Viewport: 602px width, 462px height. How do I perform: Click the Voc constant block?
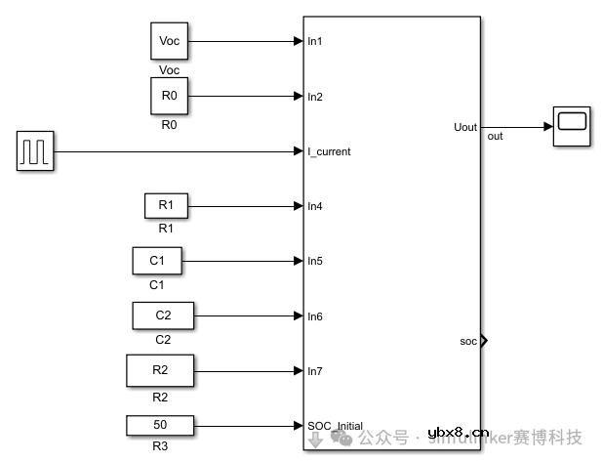point(169,42)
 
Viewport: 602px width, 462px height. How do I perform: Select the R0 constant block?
point(169,97)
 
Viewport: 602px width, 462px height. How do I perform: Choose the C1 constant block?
point(157,261)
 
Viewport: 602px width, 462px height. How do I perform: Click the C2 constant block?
point(163,315)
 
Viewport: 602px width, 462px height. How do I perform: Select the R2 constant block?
point(160,370)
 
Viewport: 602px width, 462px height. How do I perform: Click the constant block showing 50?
point(160,425)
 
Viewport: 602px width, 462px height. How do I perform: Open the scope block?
point(572,127)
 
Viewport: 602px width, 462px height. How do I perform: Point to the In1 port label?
point(315,42)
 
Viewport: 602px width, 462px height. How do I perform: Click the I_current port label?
point(329,151)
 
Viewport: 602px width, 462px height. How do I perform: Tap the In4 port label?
point(315,206)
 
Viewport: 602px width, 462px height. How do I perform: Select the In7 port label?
point(315,370)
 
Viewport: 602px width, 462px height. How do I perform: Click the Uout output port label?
point(465,127)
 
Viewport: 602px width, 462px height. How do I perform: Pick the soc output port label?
point(467,341)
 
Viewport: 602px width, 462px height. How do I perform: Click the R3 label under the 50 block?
point(160,446)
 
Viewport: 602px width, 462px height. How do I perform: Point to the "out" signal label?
point(495,137)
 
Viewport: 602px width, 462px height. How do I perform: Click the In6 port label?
point(315,315)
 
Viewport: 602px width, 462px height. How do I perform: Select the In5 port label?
point(315,261)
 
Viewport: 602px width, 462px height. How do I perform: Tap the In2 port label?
point(315,97)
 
